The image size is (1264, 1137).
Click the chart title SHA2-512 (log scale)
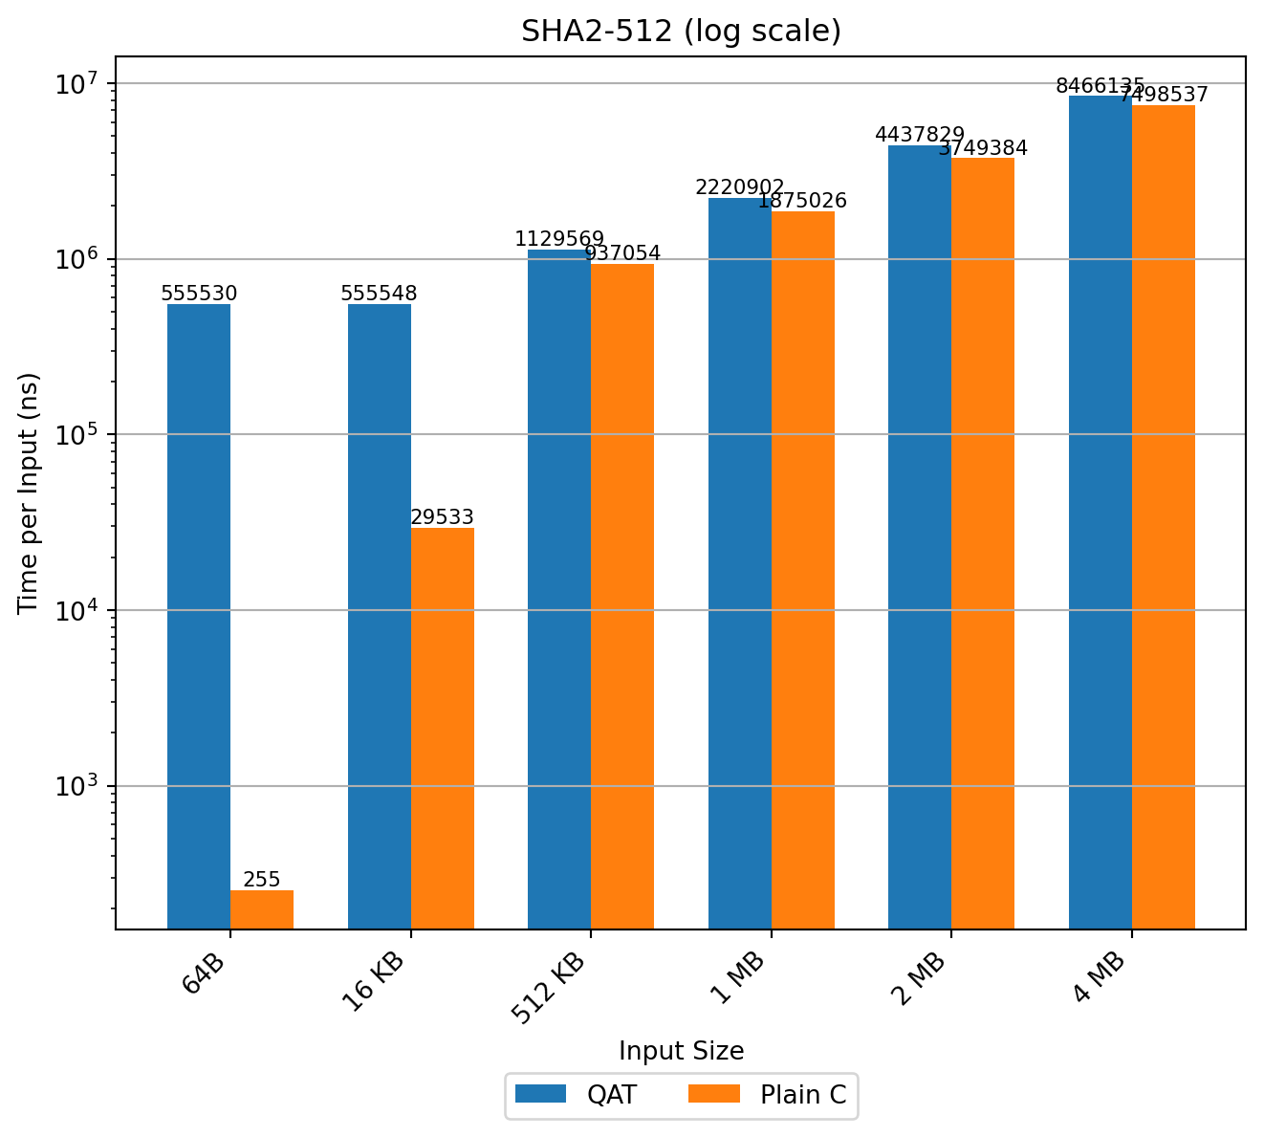681,32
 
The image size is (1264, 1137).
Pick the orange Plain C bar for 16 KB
443,728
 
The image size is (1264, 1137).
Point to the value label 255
262,880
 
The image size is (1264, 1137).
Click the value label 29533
443,517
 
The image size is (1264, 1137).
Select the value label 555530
199,294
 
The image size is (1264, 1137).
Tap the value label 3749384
983,148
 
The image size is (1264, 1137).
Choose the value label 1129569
559,239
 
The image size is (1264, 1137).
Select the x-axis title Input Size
681,1051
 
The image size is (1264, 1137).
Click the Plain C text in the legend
803,1095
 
